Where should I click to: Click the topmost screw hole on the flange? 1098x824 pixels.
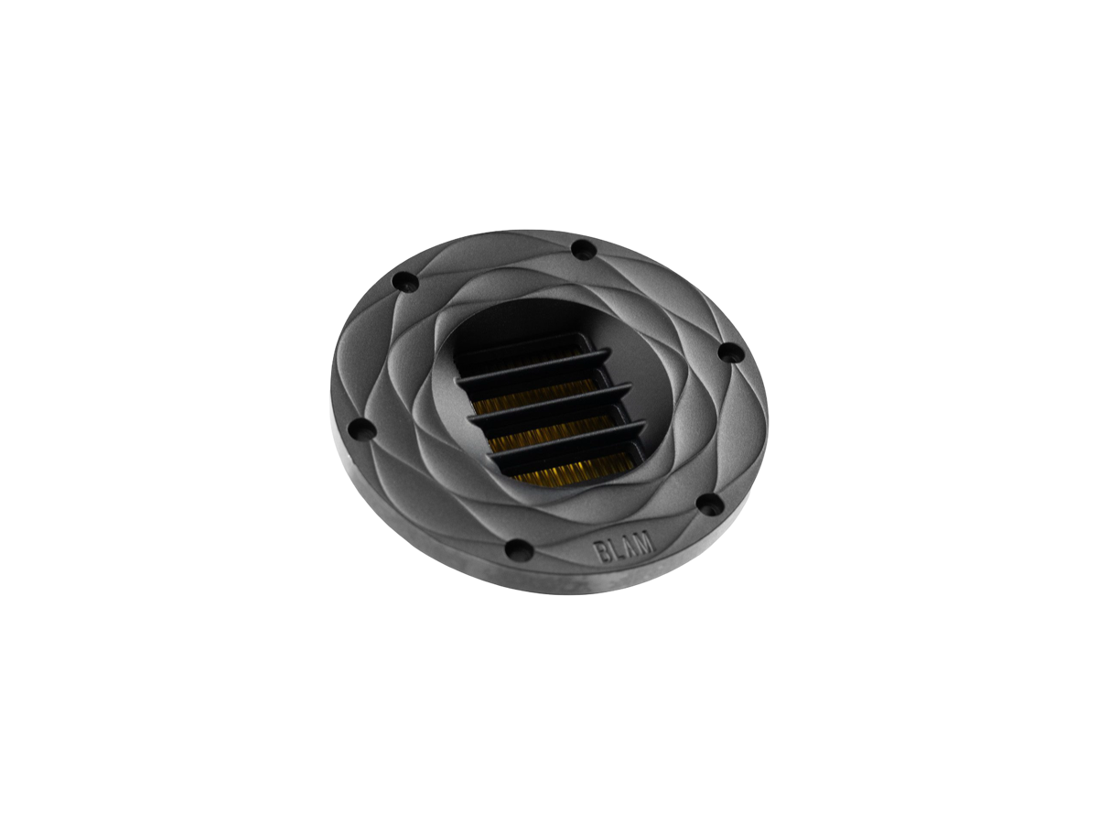(x=585, y=249)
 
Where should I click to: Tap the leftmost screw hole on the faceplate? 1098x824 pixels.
(x=362, y=428)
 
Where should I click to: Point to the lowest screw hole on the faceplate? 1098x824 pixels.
(x=519, y=548)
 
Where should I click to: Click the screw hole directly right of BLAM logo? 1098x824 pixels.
(x=710, y=504)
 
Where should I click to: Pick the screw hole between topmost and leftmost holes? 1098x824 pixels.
(x=406, y=282)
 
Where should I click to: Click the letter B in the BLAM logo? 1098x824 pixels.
(x=600, y=553)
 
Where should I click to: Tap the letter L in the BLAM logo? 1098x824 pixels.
(x=615, y=549)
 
